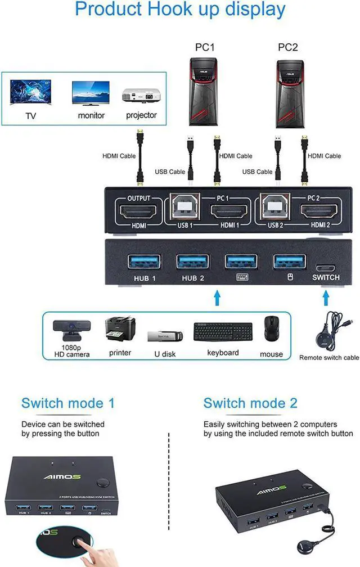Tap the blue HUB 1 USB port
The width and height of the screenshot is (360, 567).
(x=144, y=262)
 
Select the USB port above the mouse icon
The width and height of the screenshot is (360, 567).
(x=290, y=262)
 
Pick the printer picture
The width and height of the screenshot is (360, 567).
(x=120, y=330)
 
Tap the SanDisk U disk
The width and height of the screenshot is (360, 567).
(x=165, y=336)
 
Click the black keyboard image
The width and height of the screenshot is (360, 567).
(x=223, y=331)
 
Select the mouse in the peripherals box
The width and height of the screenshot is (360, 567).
(x=272, y=330)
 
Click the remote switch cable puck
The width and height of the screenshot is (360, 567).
(x=325, y=339)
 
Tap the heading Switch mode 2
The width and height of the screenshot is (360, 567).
(x=250, y=403)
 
